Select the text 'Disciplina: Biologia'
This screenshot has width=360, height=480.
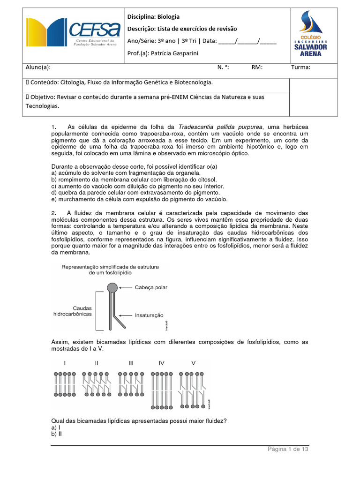click(153, 17)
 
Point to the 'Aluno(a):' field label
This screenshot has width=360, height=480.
click(38, 67)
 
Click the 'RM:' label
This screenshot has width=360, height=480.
click(257, 67)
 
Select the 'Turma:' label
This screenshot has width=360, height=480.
click(300, 67)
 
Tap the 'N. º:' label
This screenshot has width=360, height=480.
click(223, 67)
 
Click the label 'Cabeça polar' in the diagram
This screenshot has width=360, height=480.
click(151, 287)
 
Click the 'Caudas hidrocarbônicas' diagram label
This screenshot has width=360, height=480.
click(73, 311)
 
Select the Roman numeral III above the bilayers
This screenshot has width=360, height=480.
click(131, 363)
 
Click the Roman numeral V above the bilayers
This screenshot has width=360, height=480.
click(193, 363)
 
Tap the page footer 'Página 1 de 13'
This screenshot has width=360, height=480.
click(288, 449)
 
